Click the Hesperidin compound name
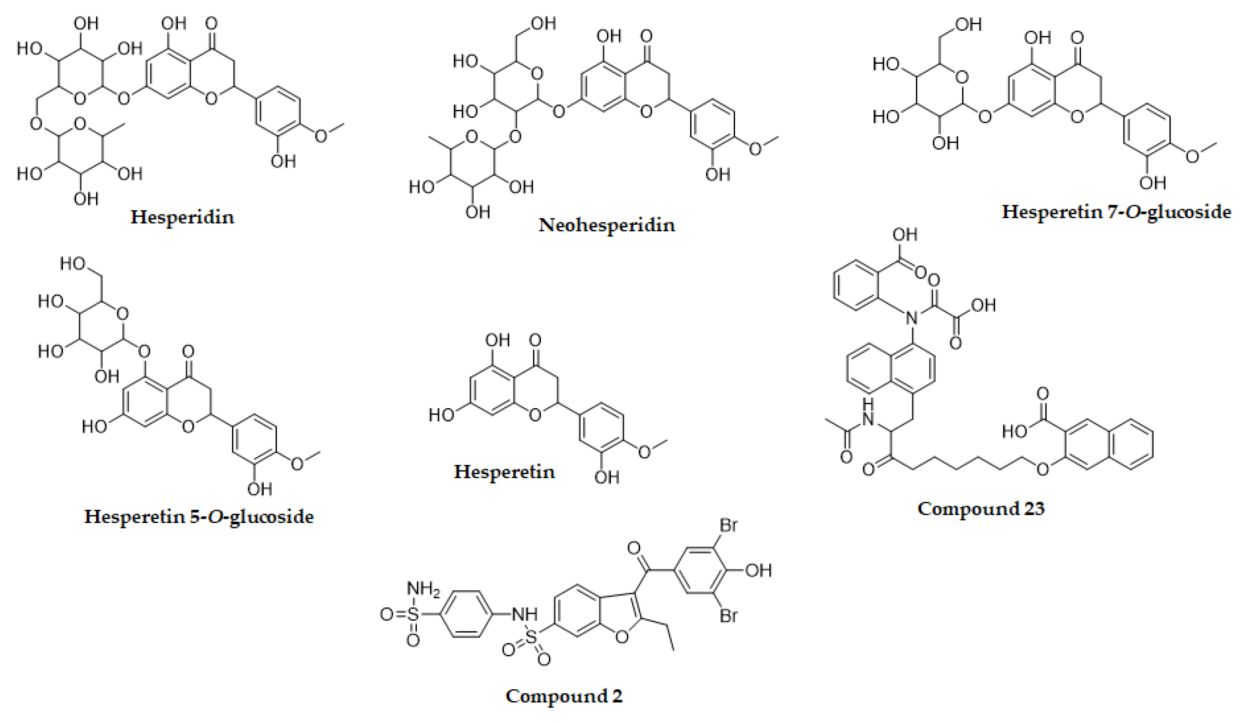coord(182,217)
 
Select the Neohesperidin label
coord(607,225)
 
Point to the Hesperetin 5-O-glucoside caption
coord(199,517)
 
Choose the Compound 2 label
coord(564,696)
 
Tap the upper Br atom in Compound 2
coord(728,525)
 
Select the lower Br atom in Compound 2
coord(728,616)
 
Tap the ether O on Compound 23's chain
coord(1043,468)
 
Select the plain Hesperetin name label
coord(504,471)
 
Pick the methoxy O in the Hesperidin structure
coord(321,135)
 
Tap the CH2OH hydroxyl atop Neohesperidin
coord(543,23)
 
